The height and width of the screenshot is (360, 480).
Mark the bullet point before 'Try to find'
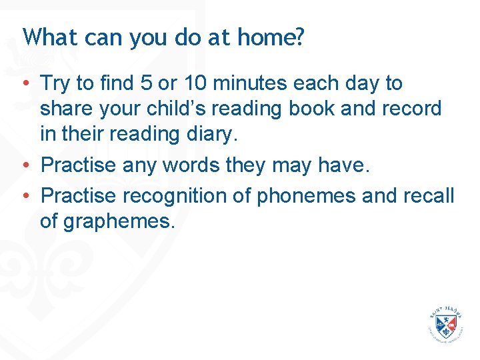point(24,84)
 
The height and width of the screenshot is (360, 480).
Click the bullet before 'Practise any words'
point(24,165)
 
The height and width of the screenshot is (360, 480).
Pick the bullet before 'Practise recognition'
point(24,197)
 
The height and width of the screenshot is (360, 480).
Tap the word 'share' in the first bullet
point(64,109)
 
